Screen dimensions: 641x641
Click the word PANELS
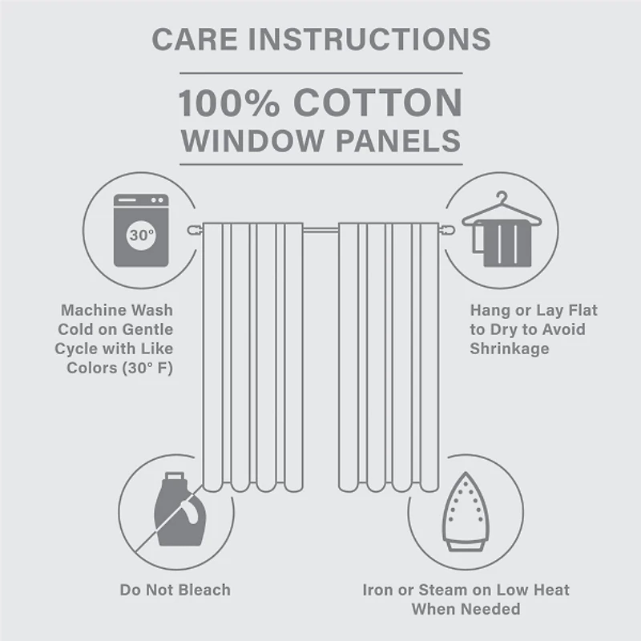coord(397,139)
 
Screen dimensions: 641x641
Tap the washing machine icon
coord(140,230)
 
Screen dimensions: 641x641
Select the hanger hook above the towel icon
coord(502,198)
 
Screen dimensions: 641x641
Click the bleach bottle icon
coord(175,510)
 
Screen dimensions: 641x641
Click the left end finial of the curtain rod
coord(193,231)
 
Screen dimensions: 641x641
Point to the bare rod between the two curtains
coord(320,231)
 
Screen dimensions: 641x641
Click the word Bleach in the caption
coord(202,590)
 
